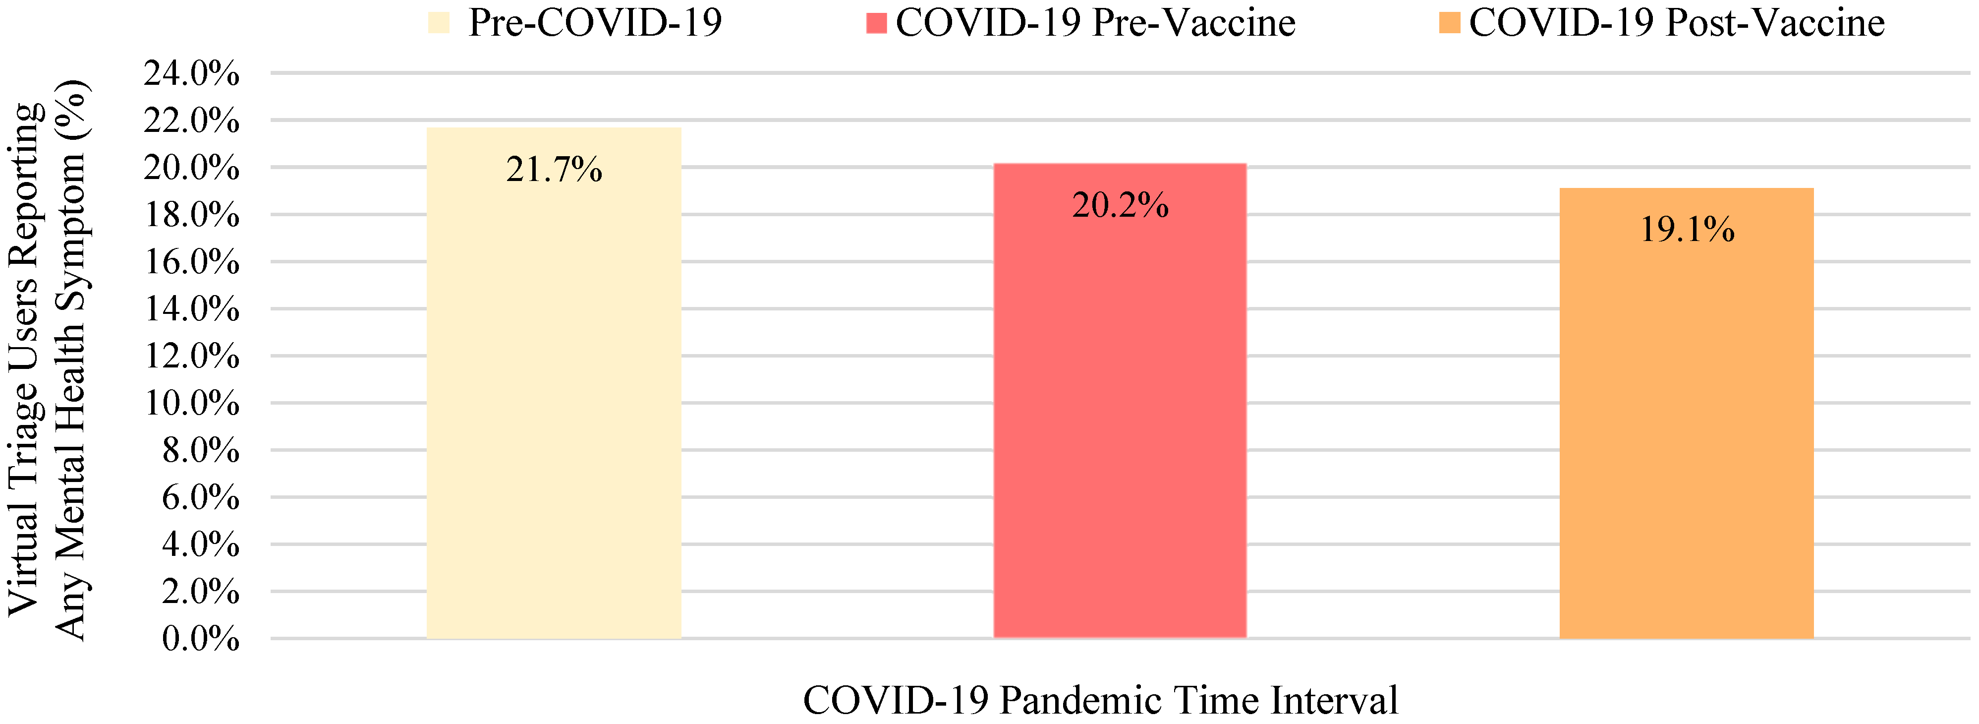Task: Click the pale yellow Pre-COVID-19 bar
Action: click(553, 400)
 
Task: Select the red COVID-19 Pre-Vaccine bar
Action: click(1119, 415)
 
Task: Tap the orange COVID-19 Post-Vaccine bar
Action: click(1686, 430)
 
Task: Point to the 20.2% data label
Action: click(1119, 205)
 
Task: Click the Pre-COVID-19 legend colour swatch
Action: click(439, 23)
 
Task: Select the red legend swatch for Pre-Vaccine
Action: click(876, 23)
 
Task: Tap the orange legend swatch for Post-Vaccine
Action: click(1449, 23)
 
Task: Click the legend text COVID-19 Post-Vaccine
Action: click(1676, 23)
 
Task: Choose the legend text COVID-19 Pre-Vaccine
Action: click(1095, 23)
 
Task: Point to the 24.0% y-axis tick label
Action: click(191, 74)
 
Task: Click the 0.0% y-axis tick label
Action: click(200, 639)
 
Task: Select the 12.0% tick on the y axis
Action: click(191, 357)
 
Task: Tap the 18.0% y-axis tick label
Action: click(191, 215)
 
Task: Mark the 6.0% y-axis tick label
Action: click(200, 498)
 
